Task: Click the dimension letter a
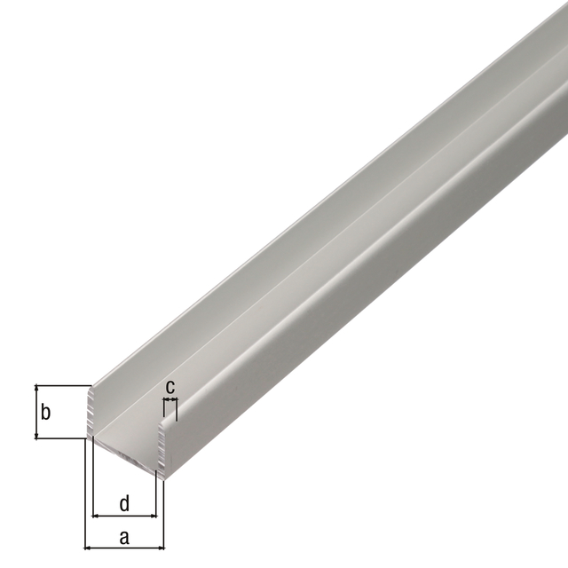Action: click(x=124, y=536)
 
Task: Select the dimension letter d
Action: click(x=124, y=503)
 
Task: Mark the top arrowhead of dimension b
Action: click(x=36, y=389)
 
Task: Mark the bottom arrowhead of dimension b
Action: click(x=36, y=434)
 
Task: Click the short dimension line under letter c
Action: click(x=170, y=401)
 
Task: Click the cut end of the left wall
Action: click(x=91, y=412)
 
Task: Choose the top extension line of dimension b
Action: click(x=62, y=385)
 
